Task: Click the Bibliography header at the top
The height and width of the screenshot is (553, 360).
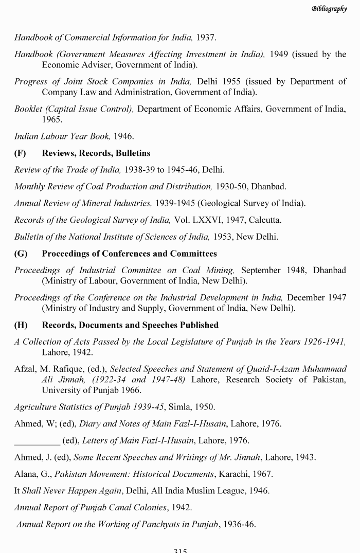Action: tap(329, 9)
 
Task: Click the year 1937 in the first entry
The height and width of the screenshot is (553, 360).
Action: tap(205, 38)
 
